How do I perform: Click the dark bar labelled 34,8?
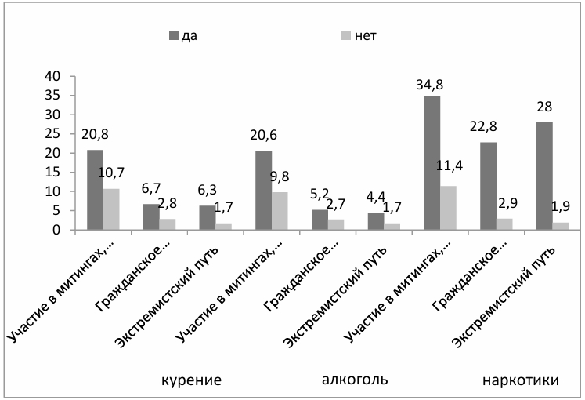tap(432, 163)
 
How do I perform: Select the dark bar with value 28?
tap(546, 176)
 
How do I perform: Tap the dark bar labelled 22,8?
tap(488, 186)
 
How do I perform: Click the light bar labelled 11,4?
tap(449, 208)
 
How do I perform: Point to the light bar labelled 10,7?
tap(110, 209)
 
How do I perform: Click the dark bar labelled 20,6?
tap(262, 191)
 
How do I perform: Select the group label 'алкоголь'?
tap(355, 380)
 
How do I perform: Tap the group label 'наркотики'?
tap(520, 380)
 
